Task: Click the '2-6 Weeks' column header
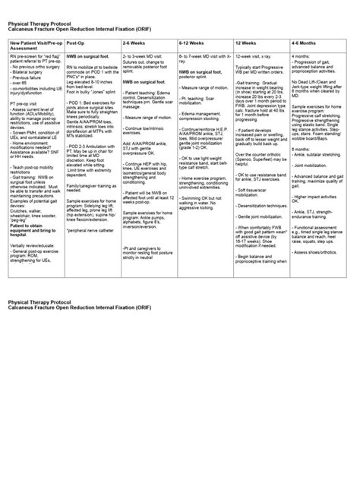pos(136,45)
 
